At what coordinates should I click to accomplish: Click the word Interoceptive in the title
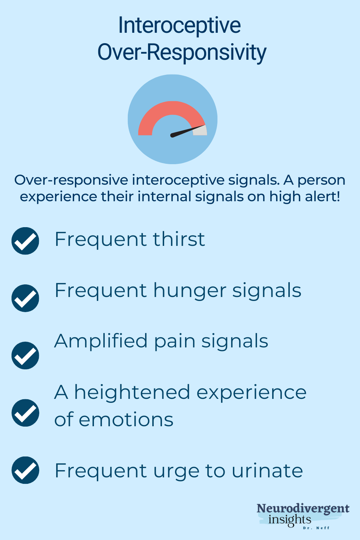(x=179, y=26)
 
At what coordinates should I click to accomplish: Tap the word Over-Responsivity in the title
(x=182, y=53)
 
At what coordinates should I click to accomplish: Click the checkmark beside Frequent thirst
(x=25, y=241)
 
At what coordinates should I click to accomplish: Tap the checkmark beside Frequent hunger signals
(x=25, y=298)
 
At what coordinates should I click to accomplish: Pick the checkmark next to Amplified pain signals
(x=25, y=355)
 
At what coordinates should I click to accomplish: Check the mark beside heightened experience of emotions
(x=25, y=413)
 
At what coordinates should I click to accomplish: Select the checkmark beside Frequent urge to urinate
(x=25, y=470)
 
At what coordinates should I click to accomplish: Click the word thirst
(x=179, y=239)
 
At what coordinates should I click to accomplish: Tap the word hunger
(x=190, y=291)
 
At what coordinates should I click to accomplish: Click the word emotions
(x=126, y=420)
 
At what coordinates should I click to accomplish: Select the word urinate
(x=267, y=471)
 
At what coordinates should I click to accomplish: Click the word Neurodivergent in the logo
(x=303, y=509)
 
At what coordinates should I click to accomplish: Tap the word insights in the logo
(x=290, y=520)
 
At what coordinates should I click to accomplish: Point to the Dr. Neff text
(x=316, y=528)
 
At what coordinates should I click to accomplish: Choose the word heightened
(x=132, y=392)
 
